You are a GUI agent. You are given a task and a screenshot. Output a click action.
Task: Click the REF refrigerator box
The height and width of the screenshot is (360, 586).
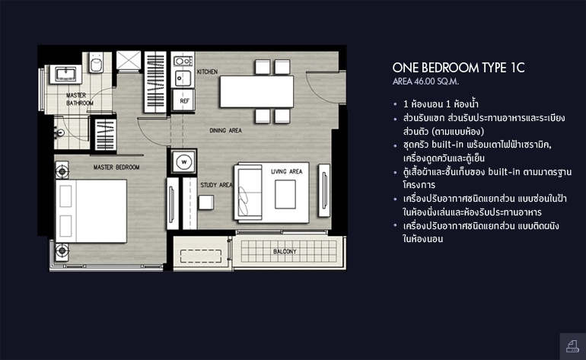(183, 100)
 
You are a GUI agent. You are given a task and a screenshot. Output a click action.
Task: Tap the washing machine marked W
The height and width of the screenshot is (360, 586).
(184, 162)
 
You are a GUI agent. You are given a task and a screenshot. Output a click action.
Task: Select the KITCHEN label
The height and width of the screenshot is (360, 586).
(207, 72)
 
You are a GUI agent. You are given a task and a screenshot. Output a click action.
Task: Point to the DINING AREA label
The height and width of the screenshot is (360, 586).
(225, 130)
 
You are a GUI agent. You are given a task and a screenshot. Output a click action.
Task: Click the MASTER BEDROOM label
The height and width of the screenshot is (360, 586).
(116, 167)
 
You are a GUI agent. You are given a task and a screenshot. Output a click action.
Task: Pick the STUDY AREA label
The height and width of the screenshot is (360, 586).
(216, 185)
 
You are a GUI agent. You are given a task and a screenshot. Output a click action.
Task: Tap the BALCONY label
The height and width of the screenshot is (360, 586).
(285, 252)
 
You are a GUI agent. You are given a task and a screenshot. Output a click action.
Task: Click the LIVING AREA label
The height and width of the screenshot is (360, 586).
(287, 171)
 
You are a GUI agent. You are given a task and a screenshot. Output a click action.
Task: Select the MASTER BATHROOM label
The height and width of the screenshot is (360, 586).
(80, 99)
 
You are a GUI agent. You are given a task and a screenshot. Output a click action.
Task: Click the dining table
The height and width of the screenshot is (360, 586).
(256, 91)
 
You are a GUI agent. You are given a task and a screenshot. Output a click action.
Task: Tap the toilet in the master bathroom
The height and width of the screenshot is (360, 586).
(97, 62)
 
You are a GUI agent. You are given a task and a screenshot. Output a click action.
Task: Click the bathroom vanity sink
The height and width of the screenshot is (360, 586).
(65, 74)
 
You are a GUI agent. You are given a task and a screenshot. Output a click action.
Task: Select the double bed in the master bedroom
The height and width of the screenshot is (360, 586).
(91, 212)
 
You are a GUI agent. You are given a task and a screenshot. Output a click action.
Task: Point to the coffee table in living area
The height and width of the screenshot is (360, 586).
(285, 194)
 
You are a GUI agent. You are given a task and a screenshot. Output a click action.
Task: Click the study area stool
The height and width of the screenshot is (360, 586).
(206, 202)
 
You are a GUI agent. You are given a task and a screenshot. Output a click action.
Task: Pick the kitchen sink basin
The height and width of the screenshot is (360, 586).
(183, 78)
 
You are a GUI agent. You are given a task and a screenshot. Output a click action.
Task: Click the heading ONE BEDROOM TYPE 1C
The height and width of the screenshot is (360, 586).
(459, 68)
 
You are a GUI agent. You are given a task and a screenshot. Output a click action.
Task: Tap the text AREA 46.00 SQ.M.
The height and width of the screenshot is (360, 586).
(425, 81)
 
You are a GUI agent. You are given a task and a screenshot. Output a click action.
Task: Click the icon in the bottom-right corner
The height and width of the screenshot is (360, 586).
(572, 346)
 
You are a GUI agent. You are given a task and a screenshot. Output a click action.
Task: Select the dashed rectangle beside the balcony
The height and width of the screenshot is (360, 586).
(201, 256)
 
